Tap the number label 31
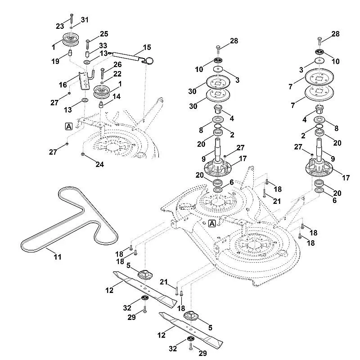[x=85, y=19]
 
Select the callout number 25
[x=104, y=34]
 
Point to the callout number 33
[x=103, y=45]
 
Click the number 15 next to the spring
[x=147, y=47]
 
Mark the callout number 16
[x=63, y=84]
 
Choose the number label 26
[x=117, y=64]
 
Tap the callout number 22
[x=117, y=74]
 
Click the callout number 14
[x=116, y=96]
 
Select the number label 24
[x=99, y=165]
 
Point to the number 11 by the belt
[x=58, y=257]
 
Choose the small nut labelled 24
[x=83, y=155]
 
